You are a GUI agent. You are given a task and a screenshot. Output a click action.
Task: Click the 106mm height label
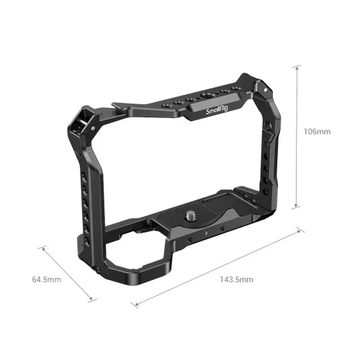(x=316, y=132)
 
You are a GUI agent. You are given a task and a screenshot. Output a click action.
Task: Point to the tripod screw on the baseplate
(x=194, y=214)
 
